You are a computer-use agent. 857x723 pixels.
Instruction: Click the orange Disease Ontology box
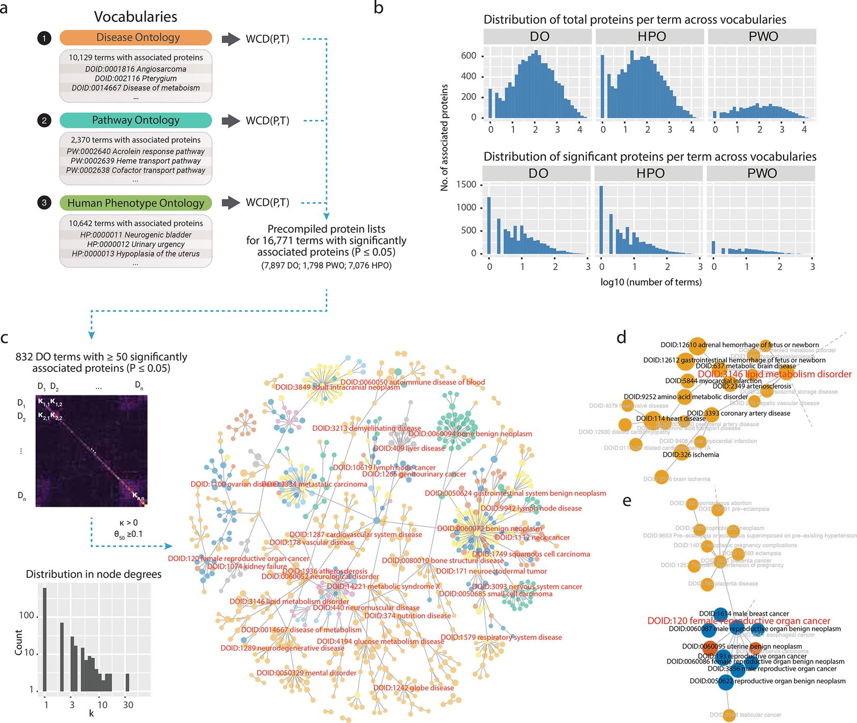click(x=136, y=38)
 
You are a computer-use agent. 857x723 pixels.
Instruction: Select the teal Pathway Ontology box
click(x=136, y=120)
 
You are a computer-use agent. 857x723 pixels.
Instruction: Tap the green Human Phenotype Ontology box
click(x=136, y=203)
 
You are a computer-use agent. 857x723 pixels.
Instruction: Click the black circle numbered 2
click(x=44, y=121)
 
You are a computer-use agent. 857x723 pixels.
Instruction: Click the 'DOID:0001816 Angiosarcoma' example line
click(x=136, y=69)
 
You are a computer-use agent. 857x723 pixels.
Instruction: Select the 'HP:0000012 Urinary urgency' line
click(x=136, y=244)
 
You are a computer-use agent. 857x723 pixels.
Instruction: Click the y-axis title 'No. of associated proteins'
click(x=444, y=138)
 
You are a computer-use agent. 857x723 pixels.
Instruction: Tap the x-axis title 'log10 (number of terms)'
click(x=651, y=282)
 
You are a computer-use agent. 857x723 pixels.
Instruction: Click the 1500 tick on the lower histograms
click(x=465, y=184)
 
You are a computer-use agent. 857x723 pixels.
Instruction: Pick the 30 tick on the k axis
click(x=128, y=705)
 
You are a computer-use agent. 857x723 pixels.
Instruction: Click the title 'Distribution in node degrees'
click(x=94, y=574)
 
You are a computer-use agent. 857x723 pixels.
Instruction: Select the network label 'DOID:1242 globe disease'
click(x=414, y=688)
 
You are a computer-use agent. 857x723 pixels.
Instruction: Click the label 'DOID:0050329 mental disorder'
click(x=306, y=673)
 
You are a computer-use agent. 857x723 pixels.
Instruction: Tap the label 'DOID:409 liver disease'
click(x=409, y=448)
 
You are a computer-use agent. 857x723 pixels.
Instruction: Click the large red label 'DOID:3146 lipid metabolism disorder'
click(x=775, y=374)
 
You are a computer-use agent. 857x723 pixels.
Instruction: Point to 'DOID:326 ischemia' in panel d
click(x=691, y=454)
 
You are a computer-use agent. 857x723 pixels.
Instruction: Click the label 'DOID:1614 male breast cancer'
click(x=744, y=614)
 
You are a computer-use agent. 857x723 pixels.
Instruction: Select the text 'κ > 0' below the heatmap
click(x=129, y=523)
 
